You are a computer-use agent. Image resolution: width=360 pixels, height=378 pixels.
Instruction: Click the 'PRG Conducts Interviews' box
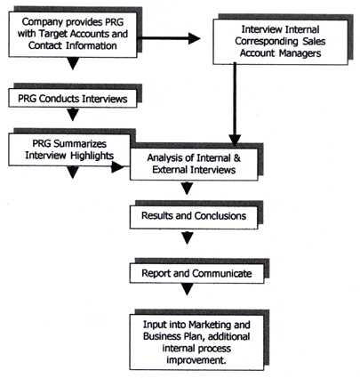point(73,98)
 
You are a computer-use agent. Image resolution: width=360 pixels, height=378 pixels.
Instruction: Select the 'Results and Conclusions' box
point(194,217)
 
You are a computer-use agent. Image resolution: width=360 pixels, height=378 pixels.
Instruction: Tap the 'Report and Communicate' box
point(196,273)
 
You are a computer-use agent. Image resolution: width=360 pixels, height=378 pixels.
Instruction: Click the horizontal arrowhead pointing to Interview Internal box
point(195,38)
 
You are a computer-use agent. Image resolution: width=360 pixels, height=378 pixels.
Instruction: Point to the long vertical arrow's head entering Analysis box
point(235,141)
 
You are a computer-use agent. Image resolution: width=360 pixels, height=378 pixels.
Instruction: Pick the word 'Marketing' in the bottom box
point(210,325)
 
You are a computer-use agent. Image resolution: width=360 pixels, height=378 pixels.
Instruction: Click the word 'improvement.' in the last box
point(196,360)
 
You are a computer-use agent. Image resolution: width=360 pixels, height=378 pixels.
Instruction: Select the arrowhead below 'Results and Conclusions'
point(187,238)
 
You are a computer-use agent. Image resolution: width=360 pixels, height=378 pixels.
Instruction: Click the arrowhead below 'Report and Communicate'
point(187,289)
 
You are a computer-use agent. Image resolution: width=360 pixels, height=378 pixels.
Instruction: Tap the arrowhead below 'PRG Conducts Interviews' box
point(73,115)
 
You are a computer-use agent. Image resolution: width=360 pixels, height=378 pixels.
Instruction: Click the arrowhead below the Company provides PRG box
point(73,63)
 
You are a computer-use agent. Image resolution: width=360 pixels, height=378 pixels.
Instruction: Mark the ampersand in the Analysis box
point(237,157)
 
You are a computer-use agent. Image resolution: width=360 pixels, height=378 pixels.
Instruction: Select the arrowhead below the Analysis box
point(187,189)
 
